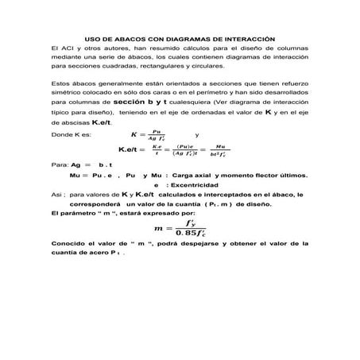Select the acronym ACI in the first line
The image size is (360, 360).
tap(66, 48)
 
